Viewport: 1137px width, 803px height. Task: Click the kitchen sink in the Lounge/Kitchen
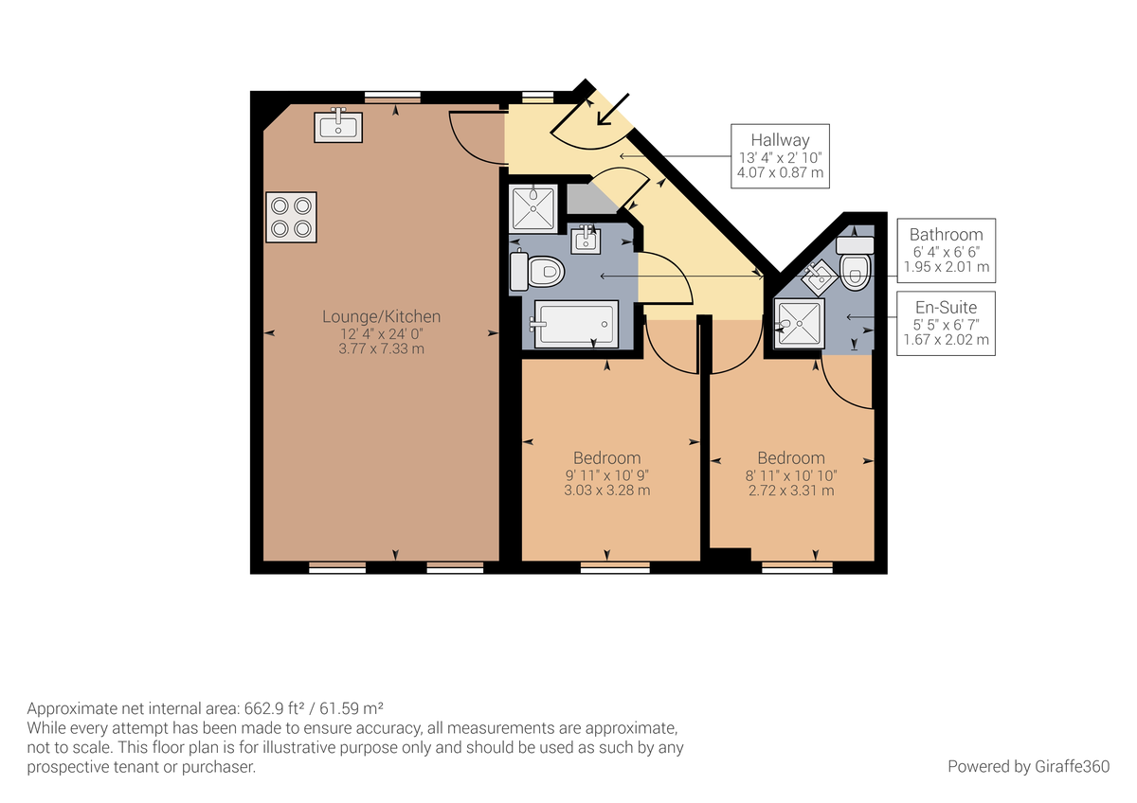point(338,126)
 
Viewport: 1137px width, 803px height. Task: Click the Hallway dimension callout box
point(780,155)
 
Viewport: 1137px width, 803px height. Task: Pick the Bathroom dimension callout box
point(946,251)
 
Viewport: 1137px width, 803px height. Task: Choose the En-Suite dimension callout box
point(946,323)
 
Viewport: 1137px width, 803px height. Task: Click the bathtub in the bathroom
point(576,325)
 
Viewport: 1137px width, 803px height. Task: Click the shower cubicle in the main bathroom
point(534,207)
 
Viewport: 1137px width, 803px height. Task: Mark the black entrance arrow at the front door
point(611,109)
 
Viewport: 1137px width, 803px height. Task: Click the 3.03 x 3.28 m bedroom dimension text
point(606,491)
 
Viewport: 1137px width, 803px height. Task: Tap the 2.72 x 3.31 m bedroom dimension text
point(790,491)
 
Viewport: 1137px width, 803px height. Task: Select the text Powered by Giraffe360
point(1027,766)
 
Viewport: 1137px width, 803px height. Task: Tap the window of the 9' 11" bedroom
point(615,568)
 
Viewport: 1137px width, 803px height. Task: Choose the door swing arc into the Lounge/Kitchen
point(474,137)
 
